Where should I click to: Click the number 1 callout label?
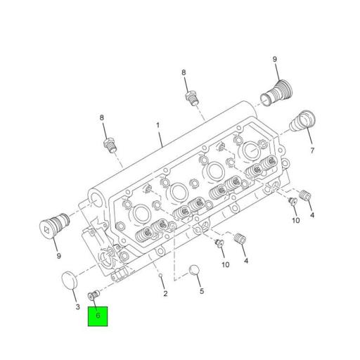tap(158, 127)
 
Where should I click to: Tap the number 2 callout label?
tap(165, 293)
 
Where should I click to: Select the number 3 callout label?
tap(77, 307)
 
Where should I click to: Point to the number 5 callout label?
tap(200, 290)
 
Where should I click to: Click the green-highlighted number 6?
tap(98, 316)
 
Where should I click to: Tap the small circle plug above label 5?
tap(195, 271)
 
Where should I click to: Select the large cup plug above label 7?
tap(302, 122)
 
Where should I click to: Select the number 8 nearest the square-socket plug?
tap(102, 117)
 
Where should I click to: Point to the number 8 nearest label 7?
tap(184, 72)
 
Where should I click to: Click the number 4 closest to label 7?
tap(312, 214)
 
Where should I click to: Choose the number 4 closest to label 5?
tap(245, 261)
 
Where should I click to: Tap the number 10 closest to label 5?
tap(225, 264)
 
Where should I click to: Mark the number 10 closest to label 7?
tap(295, 220)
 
